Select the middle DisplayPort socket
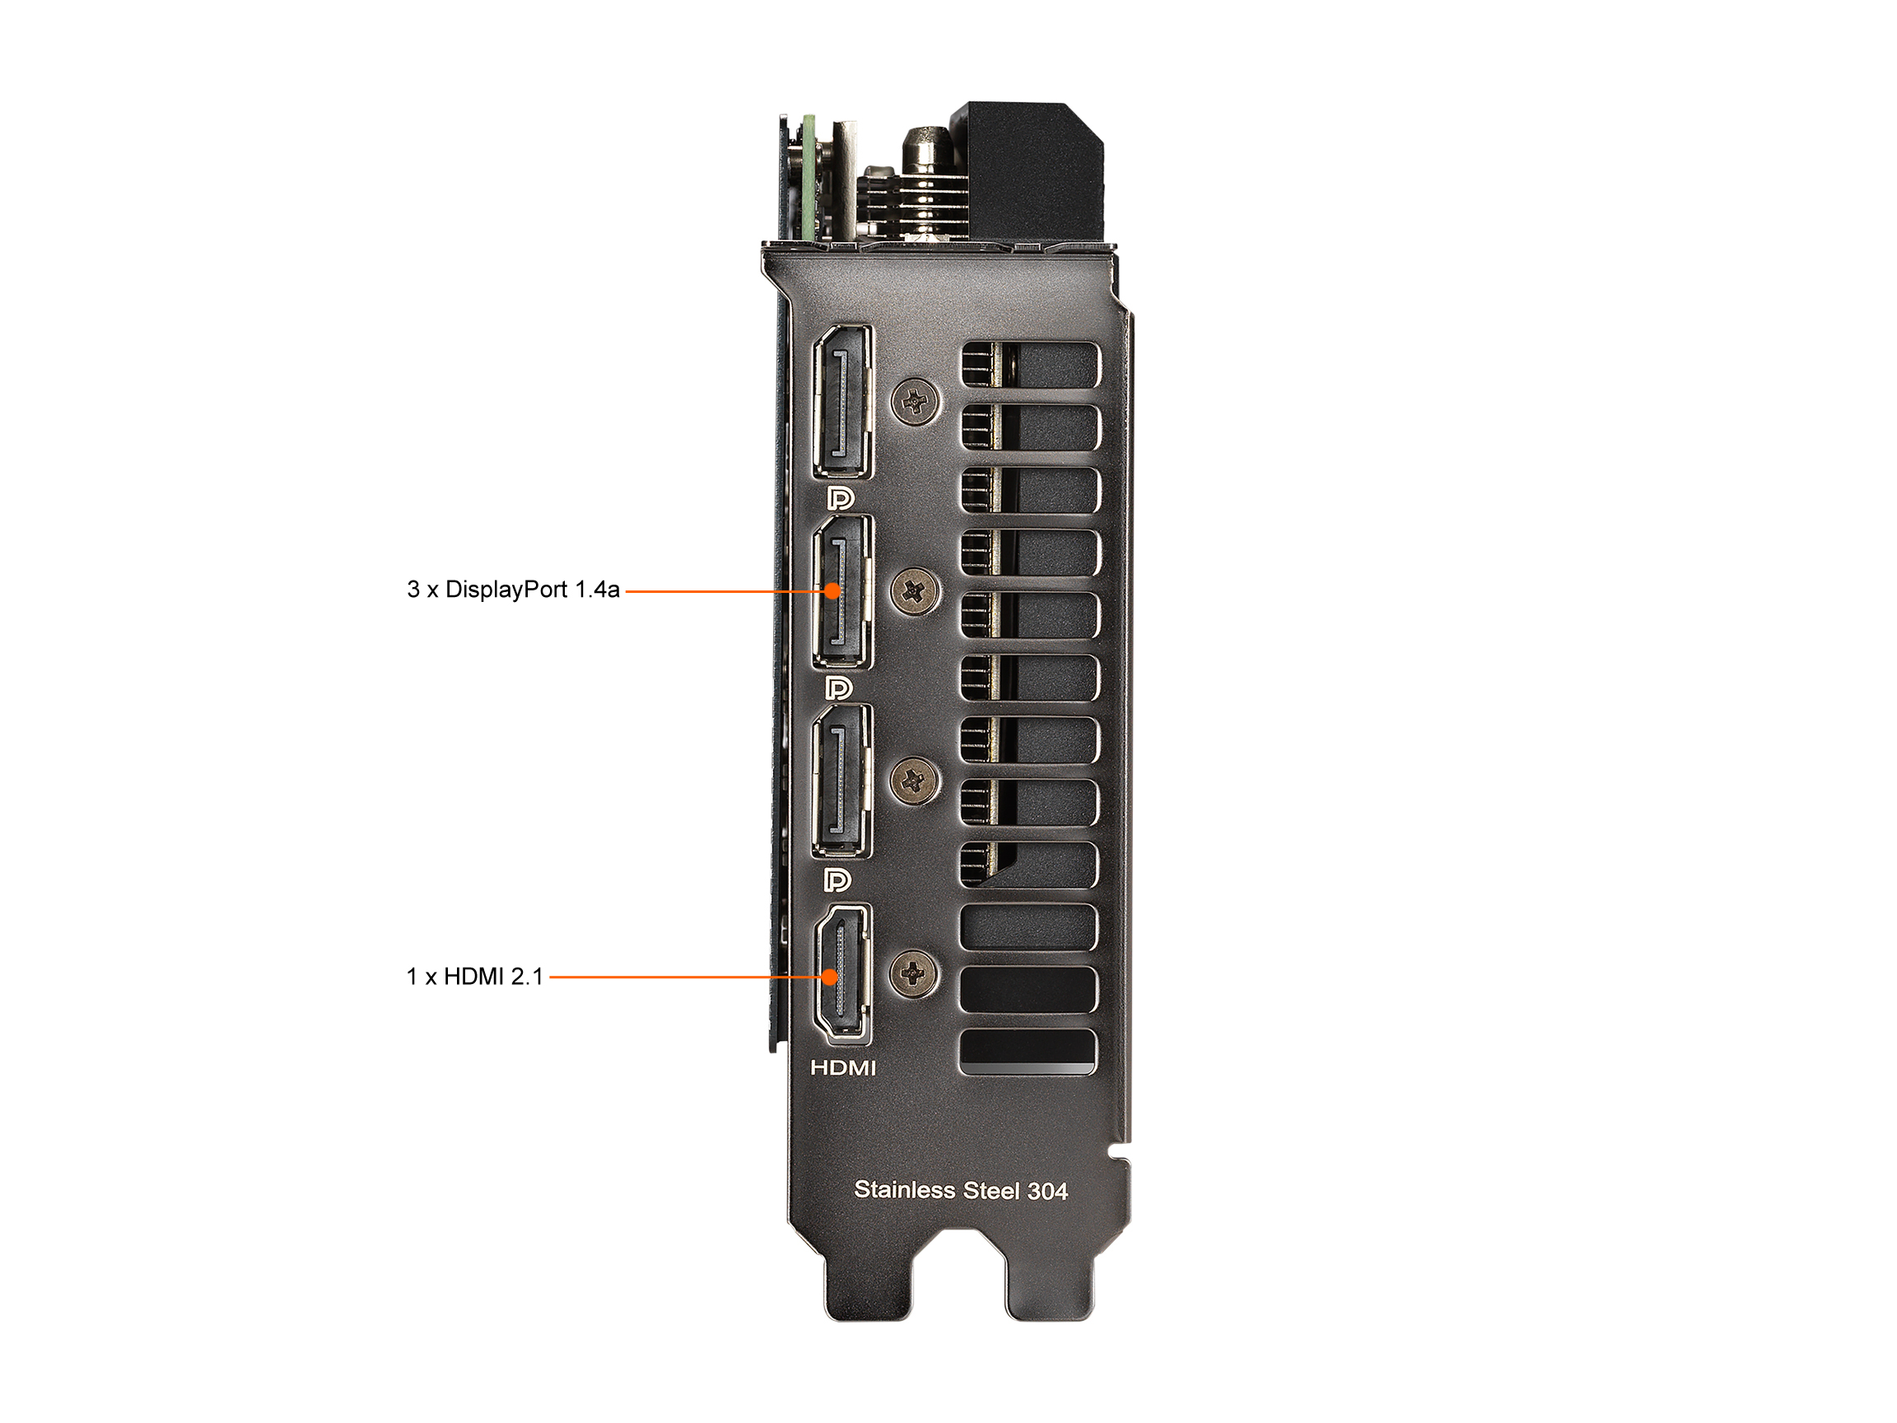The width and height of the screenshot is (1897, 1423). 843,591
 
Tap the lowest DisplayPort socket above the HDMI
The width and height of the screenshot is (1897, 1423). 843,780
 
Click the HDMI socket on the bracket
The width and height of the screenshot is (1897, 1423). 843,974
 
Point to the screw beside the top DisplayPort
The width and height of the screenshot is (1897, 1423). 915,400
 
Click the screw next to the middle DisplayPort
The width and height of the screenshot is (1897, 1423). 915,591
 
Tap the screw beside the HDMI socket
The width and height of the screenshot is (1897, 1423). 915,973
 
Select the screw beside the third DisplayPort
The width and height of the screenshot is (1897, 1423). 915,780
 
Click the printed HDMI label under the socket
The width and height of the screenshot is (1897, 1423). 844,1068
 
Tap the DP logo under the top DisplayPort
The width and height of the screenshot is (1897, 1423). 840,498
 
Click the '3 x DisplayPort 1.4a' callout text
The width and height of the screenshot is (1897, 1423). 513,590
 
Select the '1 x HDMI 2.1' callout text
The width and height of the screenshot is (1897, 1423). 474,976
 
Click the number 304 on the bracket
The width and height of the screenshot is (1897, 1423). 1047,1192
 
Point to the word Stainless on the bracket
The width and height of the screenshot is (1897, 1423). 905,1190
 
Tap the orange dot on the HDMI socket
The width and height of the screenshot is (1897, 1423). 830,977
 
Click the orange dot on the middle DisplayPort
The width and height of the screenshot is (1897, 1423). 832,591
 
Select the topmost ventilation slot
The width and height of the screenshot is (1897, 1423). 1030,365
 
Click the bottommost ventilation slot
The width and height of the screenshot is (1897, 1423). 1028,1052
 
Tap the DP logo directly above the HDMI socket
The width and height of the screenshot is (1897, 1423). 838,879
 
